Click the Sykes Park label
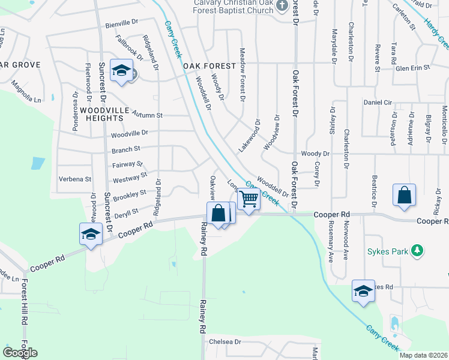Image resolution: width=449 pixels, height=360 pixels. click(x=389, y=250)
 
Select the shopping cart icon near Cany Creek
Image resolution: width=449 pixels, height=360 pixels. click(x=249, y=199)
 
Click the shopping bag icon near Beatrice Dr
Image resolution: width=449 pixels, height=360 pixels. click(x=405, y=195)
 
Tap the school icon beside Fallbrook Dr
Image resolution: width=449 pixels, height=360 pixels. click(x=121, y=72)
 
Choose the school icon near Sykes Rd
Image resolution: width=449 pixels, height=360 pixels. click(x=363, y=291)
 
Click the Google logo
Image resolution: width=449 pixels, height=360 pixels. click(x=20, y=352)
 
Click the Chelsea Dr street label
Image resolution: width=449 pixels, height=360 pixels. click(x=225, y=341)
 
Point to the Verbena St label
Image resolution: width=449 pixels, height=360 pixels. click(x=74, y=179)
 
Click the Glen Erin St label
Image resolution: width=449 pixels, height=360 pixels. click(x=412, y=68)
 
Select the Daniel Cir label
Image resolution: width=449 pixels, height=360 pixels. click(x=378, y=102)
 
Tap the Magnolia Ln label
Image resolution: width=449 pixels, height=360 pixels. click(x=28, y=95)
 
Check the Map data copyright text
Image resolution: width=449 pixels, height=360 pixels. click(x=423, y=355)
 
